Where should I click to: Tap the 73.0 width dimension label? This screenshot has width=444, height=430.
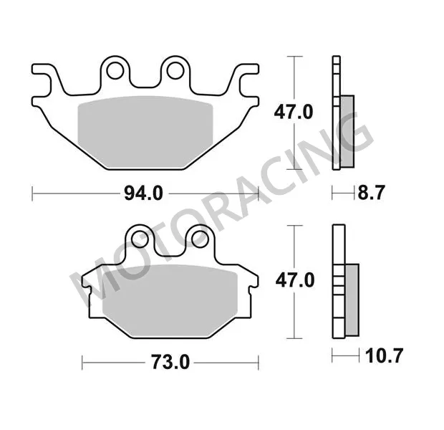[170, 363]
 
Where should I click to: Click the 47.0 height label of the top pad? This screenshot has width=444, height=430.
[295, 113]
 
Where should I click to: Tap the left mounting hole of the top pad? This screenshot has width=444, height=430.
[114, 70]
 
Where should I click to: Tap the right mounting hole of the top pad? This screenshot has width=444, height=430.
[173, 70]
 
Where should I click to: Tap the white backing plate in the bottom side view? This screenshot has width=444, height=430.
[337, 280]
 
